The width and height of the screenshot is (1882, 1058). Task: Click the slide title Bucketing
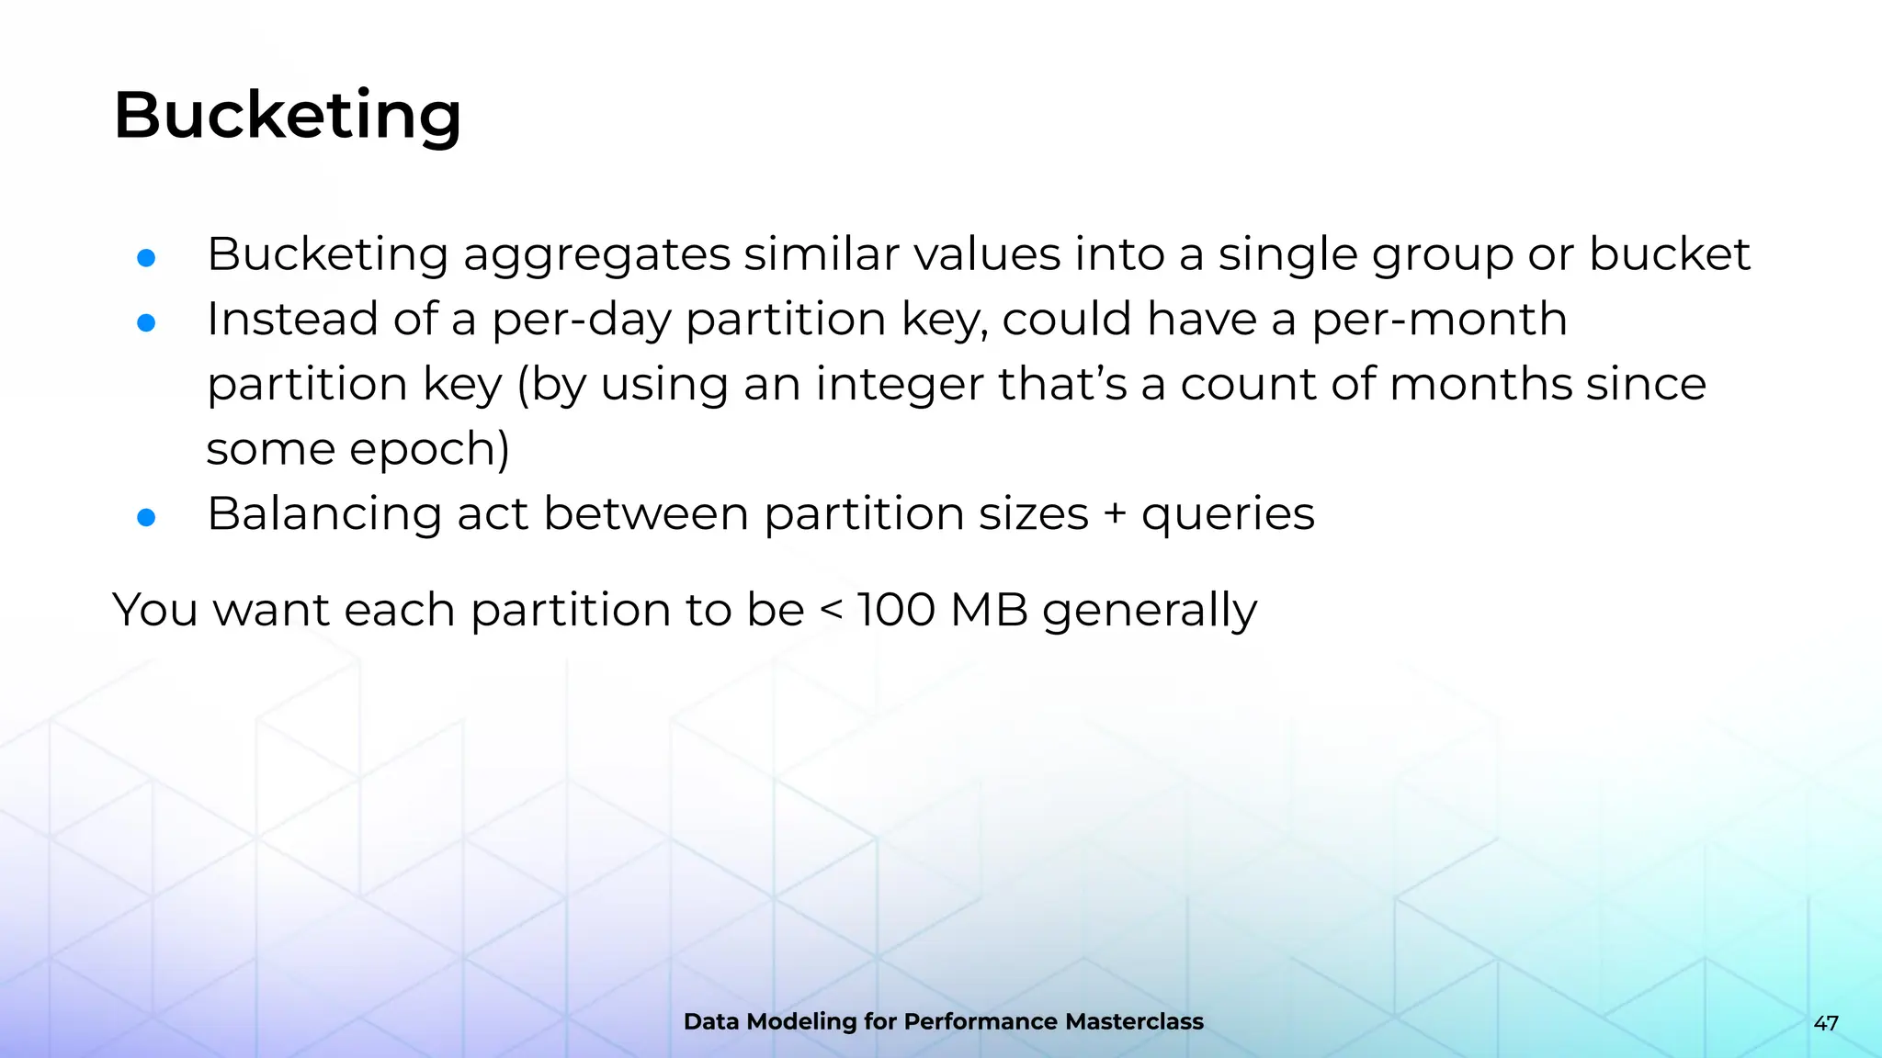(287, 116)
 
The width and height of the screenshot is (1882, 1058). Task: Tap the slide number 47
(1825, 1023)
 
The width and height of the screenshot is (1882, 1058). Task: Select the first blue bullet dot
(146, 258)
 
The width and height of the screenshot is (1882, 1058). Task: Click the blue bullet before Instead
(146, 322)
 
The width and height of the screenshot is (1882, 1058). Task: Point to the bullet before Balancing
(146, 517)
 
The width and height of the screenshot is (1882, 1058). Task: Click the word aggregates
(595, 255)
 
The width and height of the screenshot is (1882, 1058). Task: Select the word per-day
(581, 321)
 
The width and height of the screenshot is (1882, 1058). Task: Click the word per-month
(1438, 321)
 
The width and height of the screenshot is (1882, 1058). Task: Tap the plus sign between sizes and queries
(1115, 513)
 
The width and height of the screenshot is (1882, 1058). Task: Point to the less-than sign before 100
(830, 609)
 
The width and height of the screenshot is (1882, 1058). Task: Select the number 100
(896, 609)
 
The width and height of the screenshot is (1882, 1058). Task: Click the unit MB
(989, 609)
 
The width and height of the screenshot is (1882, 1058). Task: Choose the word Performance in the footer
(981, 1021)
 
